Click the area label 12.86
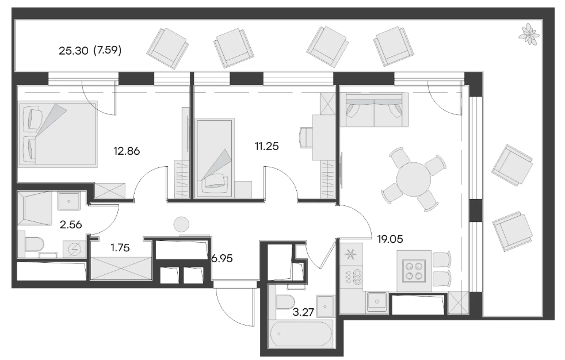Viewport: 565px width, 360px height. pyautogui.click(x=127, y=151)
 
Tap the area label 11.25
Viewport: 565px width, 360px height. pyautogui.click(x=266, y=146)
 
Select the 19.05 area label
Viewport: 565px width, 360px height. pyautogui.click(x=390, y=239)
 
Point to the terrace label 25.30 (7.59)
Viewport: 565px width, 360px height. pyautogui.click(x=90, y=51)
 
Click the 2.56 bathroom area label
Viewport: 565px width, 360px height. pyautogui.click(x=71, y=225)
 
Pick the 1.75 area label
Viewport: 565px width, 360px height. pyautogui.click(x=120, y=248)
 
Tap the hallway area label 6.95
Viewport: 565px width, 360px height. pyautogui.click(x=222, y=258)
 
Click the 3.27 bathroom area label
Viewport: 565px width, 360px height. pyautogui.click(x=303, y=312)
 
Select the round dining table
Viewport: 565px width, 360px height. pyautogui.click(x=414, y=179)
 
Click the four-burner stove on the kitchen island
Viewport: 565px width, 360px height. pyautogui.click(x=414, y=271)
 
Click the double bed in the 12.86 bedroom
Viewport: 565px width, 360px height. pyautogui.click(x=58, y=134)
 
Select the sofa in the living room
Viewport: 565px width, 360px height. pyautogui.click(x=373, y=110)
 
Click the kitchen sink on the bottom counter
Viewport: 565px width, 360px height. pyautogui.click(x=377, y=302)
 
